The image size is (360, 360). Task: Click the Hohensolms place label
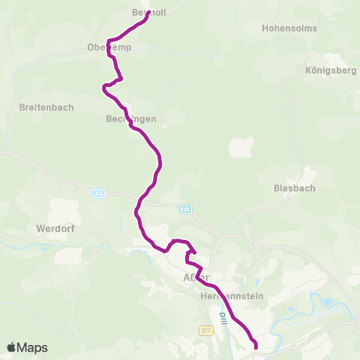[289, 28]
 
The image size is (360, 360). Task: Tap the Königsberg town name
[331, 71]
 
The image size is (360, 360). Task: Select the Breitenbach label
[46, 107]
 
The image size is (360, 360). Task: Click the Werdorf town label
[55, 229]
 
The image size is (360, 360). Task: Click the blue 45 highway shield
[100, 193]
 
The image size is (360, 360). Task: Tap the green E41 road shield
[185, 208]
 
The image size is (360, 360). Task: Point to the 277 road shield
[207, 330]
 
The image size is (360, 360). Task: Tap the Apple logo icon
[12, 347]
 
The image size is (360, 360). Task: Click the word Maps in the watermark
[33, 347]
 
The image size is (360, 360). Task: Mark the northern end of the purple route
[148, 13]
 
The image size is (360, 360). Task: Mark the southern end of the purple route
[256, 346]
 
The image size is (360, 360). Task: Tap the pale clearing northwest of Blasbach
[240, 148]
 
